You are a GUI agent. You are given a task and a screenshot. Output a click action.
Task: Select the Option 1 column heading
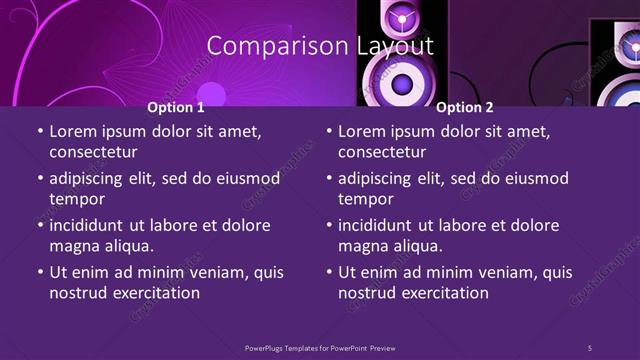(176, 107)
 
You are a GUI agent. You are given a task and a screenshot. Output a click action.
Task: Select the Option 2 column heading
(465, 107)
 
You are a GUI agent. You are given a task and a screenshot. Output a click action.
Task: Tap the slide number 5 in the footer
(590, 347)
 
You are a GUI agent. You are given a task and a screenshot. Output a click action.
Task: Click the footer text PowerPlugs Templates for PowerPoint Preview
(320, 347)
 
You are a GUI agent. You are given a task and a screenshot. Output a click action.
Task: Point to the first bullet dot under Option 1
(39, 132)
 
